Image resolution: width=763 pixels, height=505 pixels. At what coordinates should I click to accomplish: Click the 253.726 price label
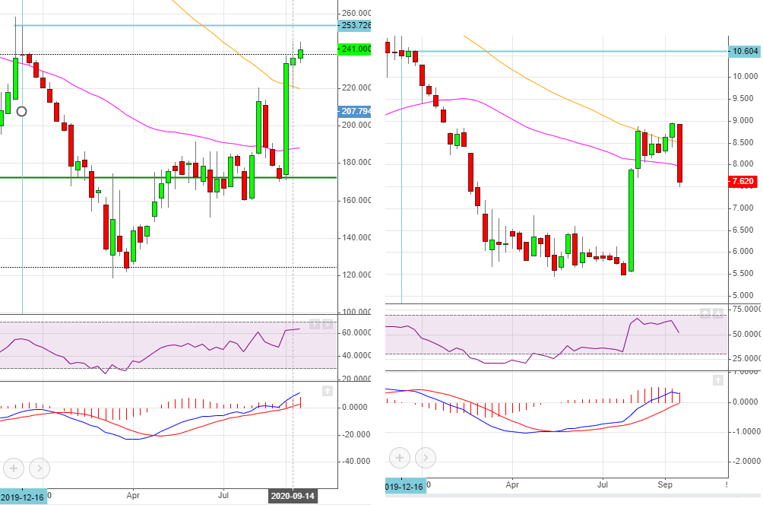click(357, 25)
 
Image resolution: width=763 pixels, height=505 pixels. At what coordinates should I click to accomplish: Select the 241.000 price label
click(357, 49)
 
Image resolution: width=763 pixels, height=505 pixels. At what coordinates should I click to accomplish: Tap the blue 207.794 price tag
click(357, 111)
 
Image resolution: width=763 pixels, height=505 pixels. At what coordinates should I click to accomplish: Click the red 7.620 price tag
click(742, 182)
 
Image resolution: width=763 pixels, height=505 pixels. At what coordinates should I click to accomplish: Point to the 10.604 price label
click(744, 51)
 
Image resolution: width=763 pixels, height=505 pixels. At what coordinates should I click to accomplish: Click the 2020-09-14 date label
click(293, 496)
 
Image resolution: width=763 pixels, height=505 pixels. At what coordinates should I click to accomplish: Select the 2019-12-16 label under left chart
click(22, 496)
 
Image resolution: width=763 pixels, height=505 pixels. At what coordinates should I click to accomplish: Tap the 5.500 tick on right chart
click(742, 274)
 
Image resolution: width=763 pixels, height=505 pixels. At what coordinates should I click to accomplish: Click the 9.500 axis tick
click(742, 99)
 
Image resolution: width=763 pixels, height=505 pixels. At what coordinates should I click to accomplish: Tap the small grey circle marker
click(21, 111)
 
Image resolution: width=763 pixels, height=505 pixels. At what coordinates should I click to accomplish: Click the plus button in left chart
click(14, 468)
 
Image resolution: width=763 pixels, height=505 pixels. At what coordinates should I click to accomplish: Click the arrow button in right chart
click(425, 458)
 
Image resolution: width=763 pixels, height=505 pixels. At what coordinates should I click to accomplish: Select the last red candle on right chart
click(680, 153)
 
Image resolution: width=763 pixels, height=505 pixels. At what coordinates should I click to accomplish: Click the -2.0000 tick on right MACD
click(743, 461)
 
